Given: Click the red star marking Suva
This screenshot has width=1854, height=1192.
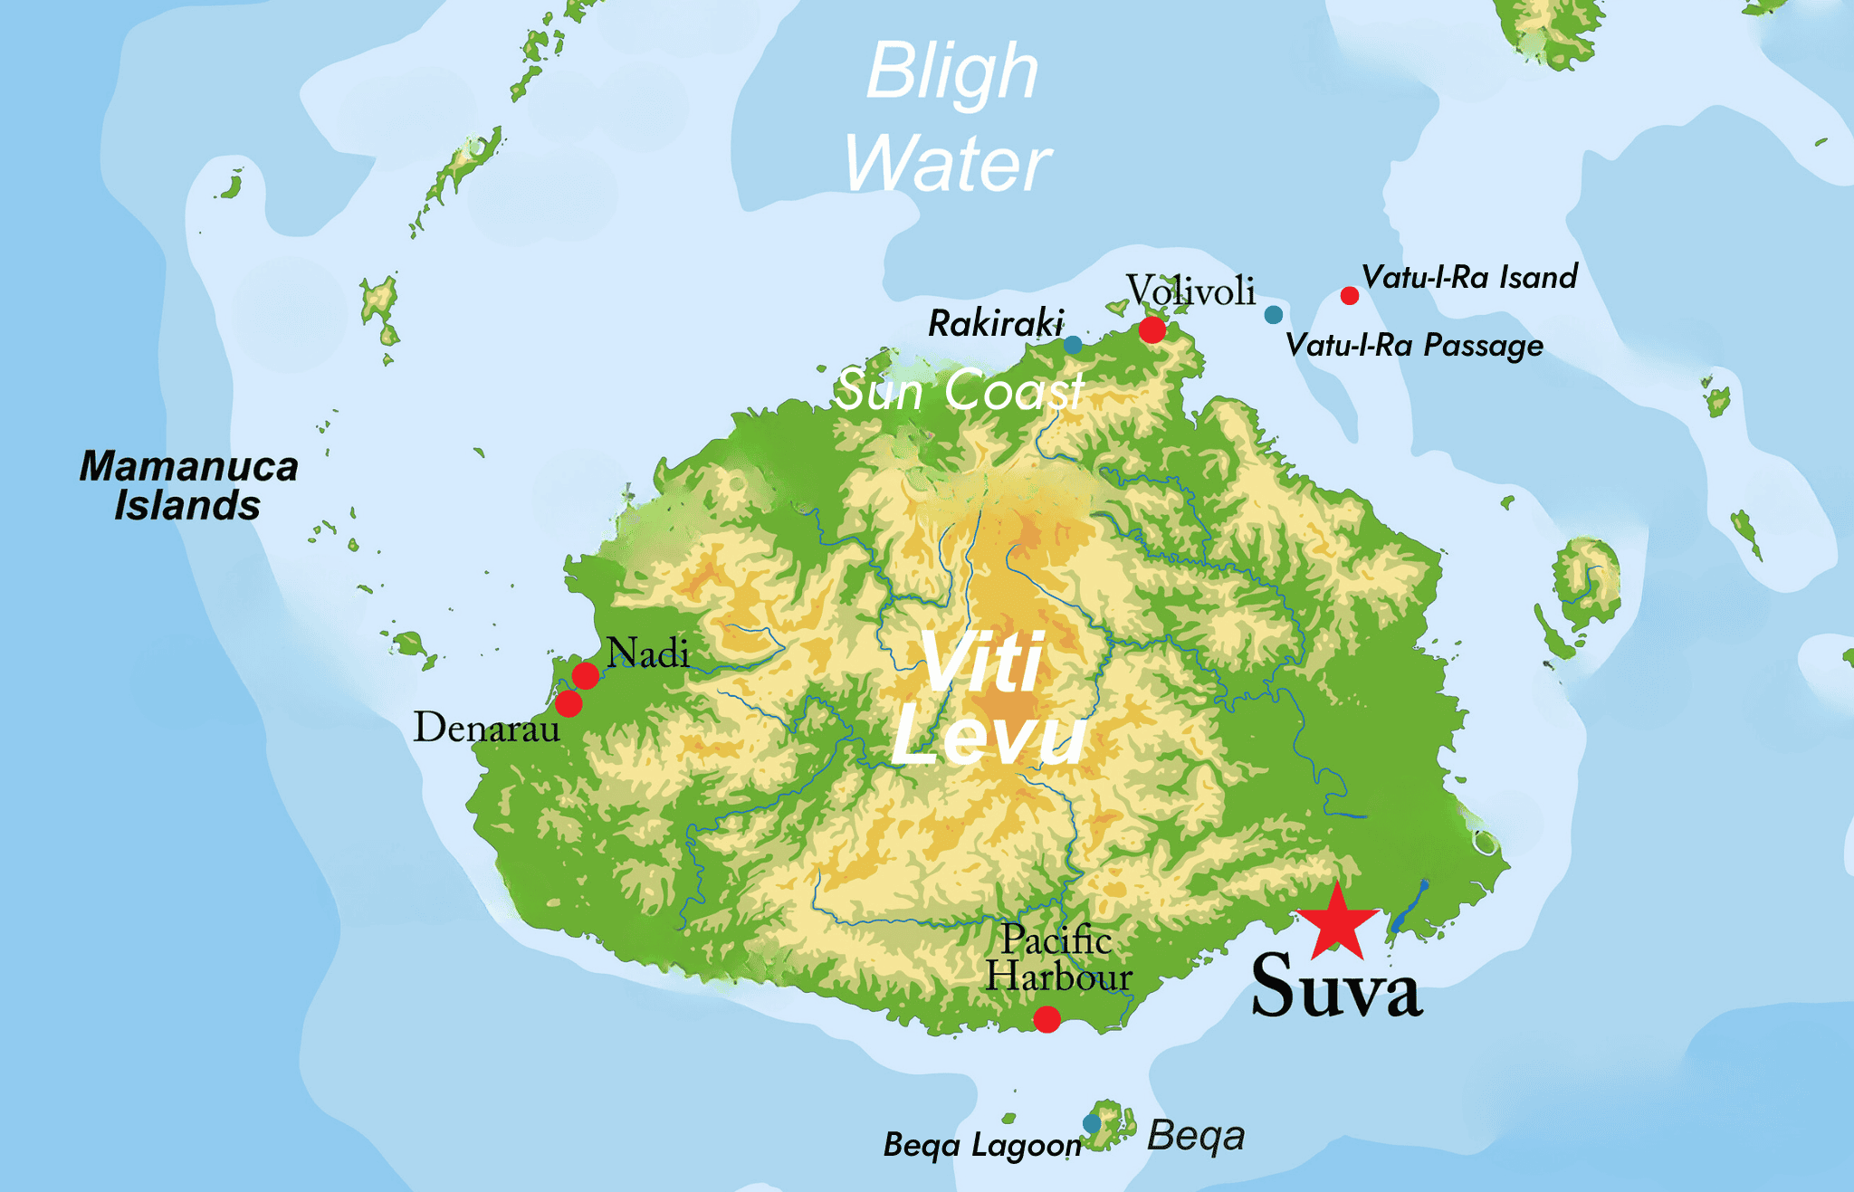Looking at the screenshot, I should [1337, 924].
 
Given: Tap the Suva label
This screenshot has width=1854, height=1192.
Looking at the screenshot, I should [1336, 987].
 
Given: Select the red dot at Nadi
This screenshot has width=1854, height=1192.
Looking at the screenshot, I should [585, 675].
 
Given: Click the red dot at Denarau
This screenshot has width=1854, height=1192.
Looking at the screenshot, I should [569, 703].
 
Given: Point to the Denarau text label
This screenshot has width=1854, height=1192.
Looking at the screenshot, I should [486, 728].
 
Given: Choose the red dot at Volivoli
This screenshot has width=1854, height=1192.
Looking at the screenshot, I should [1152, 329].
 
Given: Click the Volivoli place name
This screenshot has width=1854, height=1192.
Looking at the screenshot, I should [1190, 291].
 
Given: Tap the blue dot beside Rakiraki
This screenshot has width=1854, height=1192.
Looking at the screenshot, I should [1073, 345].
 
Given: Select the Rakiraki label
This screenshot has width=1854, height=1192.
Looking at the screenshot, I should [996, 323].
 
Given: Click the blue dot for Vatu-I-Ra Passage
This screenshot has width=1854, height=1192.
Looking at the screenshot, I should [1274, 315].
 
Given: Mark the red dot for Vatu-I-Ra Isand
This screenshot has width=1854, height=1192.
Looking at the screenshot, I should [1349, 296].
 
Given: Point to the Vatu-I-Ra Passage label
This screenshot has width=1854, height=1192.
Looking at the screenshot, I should [1414, 346].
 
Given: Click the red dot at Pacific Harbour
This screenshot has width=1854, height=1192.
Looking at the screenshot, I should [1046, 1020].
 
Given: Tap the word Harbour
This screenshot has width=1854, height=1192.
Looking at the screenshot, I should [1058, 977].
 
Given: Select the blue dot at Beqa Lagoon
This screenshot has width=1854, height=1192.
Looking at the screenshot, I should [1092, 1123].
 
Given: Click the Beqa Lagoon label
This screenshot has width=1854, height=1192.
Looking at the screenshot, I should [982, 1145].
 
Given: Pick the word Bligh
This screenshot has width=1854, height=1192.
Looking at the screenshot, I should [952, 72].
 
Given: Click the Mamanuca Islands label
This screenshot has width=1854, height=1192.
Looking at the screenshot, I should [188, 486].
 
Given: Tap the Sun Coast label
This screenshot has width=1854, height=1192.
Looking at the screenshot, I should [959, 391].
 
